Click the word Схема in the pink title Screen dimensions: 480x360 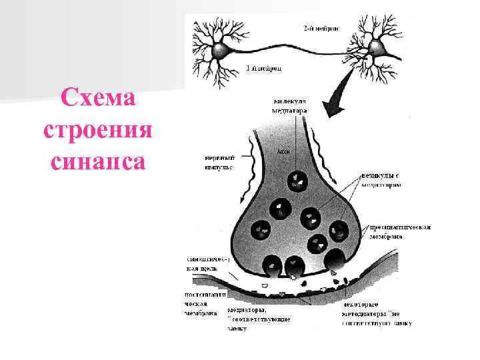(x=98, y=98)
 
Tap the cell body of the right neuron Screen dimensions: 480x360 (x=378, y=47)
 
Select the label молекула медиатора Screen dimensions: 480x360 (x=290, y=106)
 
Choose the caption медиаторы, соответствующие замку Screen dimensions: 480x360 (x=259, y=319)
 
